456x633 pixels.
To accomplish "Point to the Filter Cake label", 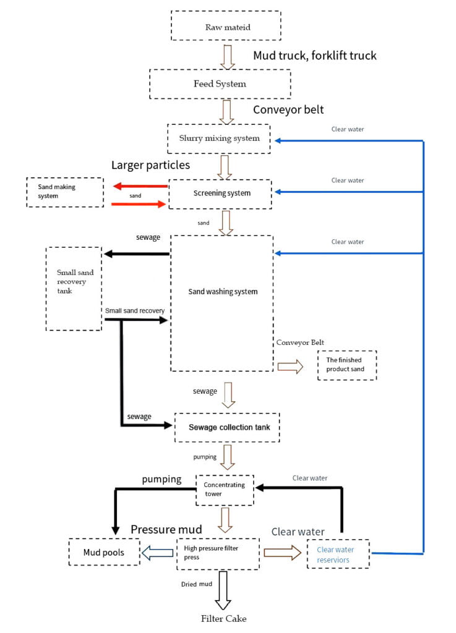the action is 224,618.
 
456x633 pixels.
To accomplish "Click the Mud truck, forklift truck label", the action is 315,55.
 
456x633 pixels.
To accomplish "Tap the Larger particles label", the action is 150,165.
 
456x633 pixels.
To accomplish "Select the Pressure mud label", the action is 166,529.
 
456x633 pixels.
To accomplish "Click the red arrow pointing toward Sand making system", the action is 140,186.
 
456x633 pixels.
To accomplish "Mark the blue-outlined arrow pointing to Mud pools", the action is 158,553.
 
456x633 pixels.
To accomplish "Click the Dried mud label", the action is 196,584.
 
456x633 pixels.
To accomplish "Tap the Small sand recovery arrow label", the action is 135,311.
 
